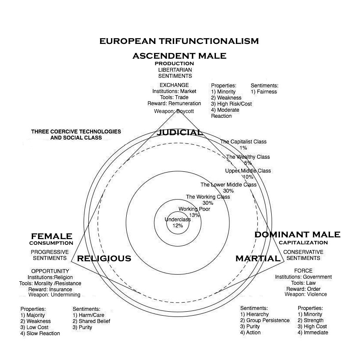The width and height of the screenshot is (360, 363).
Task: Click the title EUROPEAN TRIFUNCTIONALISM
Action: click(x=179, y=41)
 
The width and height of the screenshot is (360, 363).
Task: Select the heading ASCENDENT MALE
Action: click(x=179, y=56)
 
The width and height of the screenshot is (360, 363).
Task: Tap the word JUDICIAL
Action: click(x=179, y=132)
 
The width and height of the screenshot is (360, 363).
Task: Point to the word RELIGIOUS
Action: click(x=104, y=259)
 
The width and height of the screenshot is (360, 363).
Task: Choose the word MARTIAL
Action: click(x=258, y=259)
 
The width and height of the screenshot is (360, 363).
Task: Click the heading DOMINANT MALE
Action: click(x=297, y=235)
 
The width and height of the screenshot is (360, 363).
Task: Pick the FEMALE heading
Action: click(x=51, y=236)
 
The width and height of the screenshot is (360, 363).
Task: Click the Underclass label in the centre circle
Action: click(x=178, y=220)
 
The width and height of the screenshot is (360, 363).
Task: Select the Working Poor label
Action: click(x=194, y=209)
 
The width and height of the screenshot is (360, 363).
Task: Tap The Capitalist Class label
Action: click(x=243, y=142)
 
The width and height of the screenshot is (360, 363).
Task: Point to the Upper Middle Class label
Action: click(x=248, y=171)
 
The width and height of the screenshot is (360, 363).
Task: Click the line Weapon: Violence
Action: click(x=306, y=294)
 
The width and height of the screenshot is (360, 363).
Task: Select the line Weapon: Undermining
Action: click(x=54, y=295)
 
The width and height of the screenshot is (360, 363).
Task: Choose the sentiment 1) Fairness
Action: click(x=264, y=92)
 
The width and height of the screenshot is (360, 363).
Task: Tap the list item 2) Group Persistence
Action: click(x=265, y=320)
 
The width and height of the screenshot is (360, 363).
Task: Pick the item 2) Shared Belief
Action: click(x=91, y=321)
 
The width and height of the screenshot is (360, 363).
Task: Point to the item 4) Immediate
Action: click(x=313, y=333)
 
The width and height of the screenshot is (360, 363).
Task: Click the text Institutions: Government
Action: click(x=303, y=277)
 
